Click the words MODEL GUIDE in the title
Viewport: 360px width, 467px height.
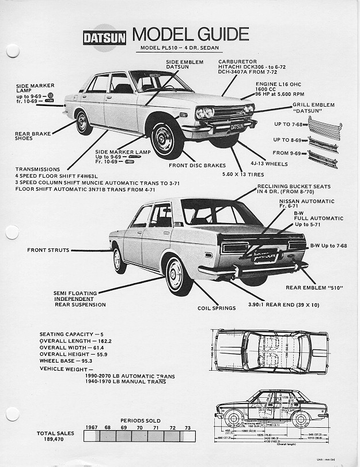pos(191,34)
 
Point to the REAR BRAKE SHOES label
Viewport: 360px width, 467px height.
pos(33,136)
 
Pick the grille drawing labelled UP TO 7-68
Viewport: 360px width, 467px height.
pos(324,125)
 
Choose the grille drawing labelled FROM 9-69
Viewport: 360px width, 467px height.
pos(324,156)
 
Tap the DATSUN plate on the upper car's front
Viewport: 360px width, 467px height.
pos(237,126)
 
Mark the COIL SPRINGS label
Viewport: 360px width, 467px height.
pos(216,308)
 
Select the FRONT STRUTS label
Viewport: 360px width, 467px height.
pos(48,250)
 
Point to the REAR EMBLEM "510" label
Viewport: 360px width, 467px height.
pos(310,287)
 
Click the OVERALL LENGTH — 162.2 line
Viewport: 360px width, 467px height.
pos(75,341)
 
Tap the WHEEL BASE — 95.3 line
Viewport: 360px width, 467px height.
pos(66,360)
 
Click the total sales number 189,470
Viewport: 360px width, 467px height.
pos(54,439)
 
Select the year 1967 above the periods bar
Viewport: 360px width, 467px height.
pos(91,427)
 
